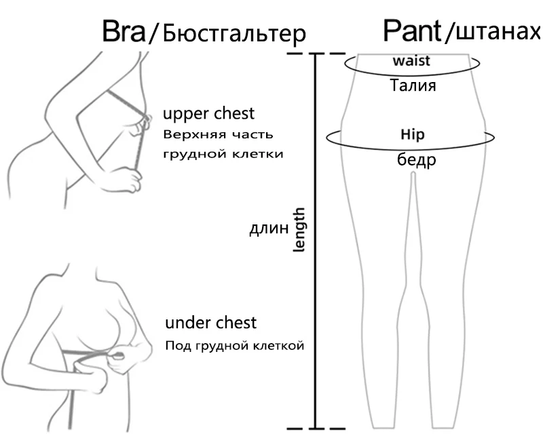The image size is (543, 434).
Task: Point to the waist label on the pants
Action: (x=411, y=61)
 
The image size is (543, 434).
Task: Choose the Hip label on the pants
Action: (x=413, y=134)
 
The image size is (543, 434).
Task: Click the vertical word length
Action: (x=299, y=231)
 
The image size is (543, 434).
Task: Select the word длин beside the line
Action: (x=269, y=229)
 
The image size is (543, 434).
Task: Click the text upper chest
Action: (x=209, y=113)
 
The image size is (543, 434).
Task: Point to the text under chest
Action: (x=210, y=321)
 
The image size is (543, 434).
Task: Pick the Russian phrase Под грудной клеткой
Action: (x=234, y=345)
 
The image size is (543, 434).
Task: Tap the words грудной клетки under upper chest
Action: (x=223, y=153)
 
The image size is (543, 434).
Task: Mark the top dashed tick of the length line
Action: (x=315, y=53)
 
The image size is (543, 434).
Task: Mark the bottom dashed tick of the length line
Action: (x=315, y=428)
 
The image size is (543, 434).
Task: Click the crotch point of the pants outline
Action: (x=413, y=175)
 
